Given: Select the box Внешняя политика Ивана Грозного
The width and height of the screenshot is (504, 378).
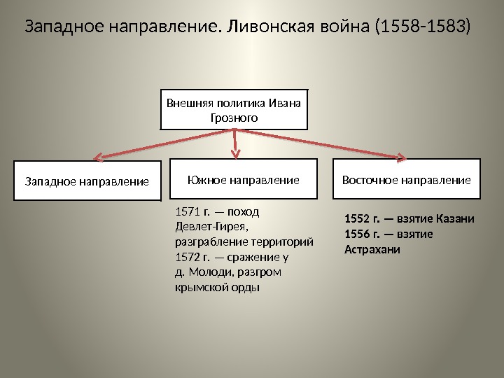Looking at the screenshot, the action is point(234,109).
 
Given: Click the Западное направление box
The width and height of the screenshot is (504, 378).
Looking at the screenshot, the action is point(87,181).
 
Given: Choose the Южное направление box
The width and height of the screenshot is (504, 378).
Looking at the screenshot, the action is point(244,180).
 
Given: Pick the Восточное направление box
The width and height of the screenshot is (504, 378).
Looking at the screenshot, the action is point(406,180).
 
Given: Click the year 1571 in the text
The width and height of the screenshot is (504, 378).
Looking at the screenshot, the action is point(185,211).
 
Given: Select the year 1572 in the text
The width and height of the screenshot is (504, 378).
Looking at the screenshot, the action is point(185,257).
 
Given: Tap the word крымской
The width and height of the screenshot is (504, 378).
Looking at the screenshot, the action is point(199,288).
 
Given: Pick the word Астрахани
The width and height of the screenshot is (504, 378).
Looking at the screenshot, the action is point(372,249).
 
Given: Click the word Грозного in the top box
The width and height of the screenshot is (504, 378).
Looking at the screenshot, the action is point(234,118).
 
